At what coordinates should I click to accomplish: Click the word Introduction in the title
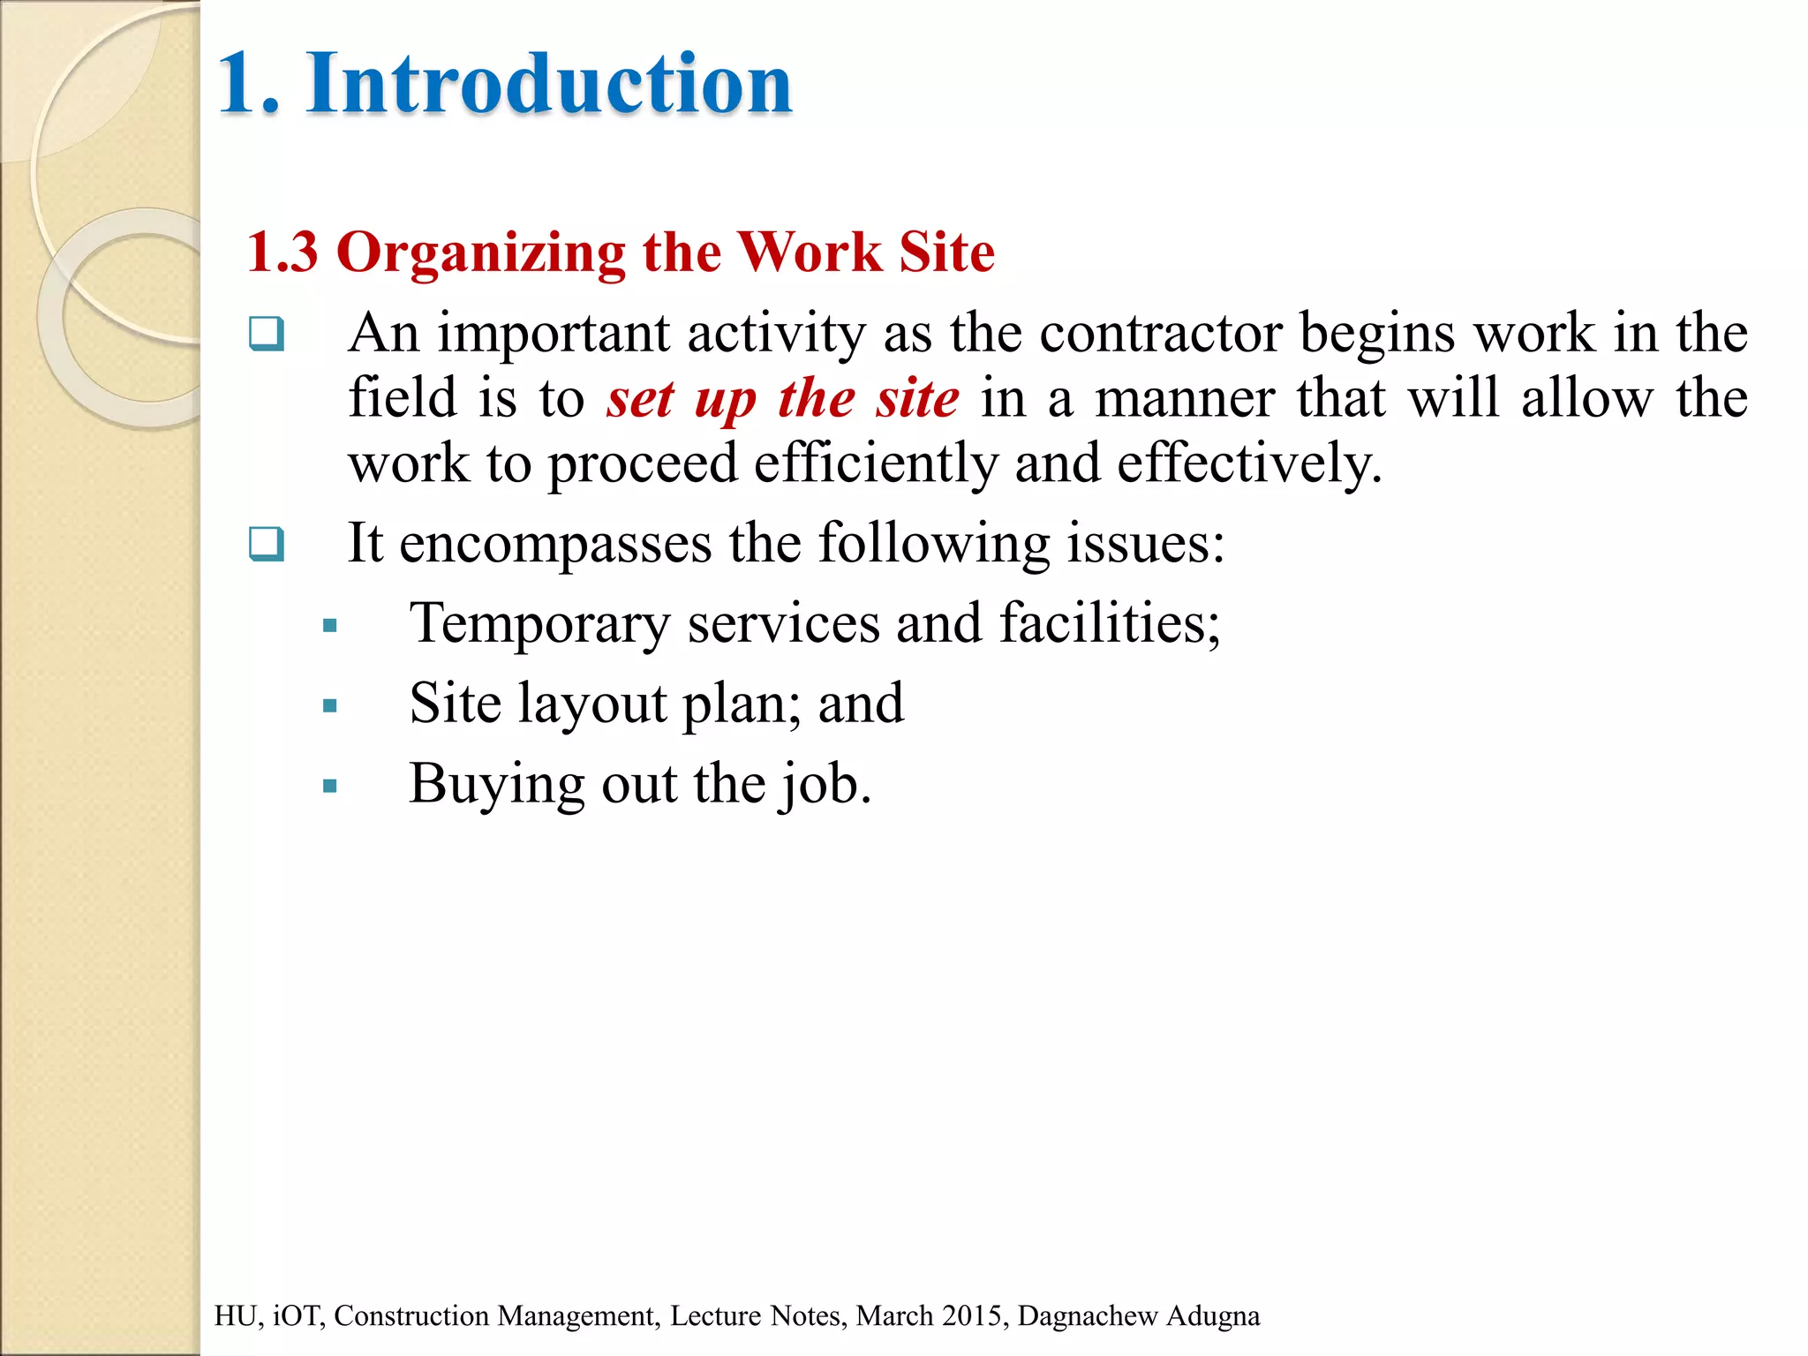549,84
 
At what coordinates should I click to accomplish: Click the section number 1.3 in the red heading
282,252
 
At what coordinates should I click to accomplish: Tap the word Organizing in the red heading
481,254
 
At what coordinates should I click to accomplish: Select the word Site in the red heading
946,252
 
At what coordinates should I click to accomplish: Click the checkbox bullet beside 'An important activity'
267,334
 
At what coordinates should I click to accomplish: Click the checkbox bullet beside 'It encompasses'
267,544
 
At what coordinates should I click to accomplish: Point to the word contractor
1160,334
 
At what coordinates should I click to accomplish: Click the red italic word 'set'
641,399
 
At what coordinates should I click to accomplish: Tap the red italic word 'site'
917,399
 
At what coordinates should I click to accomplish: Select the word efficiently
876,463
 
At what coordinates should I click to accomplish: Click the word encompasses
555,543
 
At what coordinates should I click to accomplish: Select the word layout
592,704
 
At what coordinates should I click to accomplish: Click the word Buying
495,785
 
